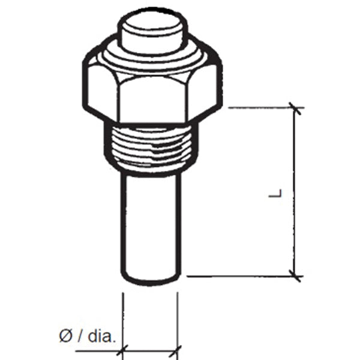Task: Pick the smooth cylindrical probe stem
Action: [x=150, y=222]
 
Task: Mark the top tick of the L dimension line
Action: [x=294, y=108]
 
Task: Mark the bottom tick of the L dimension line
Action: [x=294, y=276]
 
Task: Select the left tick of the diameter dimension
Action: [x=122, y=348]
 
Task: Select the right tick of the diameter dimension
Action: [x=178, y=348]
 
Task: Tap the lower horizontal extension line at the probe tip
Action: [x=240, y=276]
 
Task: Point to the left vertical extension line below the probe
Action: [x=122, y=318]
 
